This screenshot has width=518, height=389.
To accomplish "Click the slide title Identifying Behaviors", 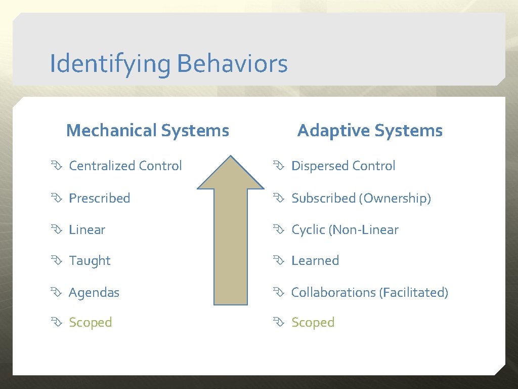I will tap(168, 64).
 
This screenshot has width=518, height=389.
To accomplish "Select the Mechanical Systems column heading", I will tap(147, 131).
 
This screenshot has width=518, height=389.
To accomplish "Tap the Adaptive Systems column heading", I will tap(369, 131).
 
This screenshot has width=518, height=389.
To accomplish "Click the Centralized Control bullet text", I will tap(125, 166).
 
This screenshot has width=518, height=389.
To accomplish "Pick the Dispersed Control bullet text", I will tap(343, 166).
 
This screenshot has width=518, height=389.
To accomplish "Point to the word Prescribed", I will tap(100, 198).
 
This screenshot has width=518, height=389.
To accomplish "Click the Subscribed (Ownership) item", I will tap(361, 198).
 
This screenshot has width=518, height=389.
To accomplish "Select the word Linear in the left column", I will tap(87, 230).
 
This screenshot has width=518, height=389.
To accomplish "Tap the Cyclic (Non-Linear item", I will tap(344, 230).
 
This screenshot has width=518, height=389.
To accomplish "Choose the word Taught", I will tap(90, 261).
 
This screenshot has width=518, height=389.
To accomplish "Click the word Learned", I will tap(315, 261).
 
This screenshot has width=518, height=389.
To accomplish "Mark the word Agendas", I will tap(94, 293).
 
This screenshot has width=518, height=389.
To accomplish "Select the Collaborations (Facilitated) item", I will tap(369, 293).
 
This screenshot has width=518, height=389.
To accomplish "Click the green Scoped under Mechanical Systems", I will tap(90, 323).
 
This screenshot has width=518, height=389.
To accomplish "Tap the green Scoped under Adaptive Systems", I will tap(313, 323).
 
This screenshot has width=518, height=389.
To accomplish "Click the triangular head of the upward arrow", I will tap(230, 175).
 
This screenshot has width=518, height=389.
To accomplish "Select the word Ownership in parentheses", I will tap(395, 198).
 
